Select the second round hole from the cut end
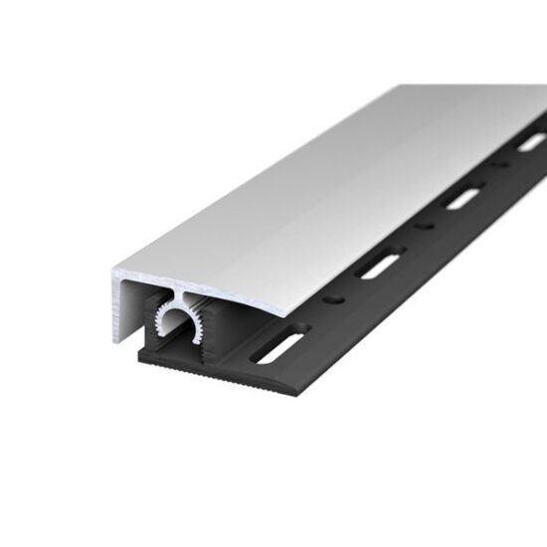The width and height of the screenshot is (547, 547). [x=426, y=226]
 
